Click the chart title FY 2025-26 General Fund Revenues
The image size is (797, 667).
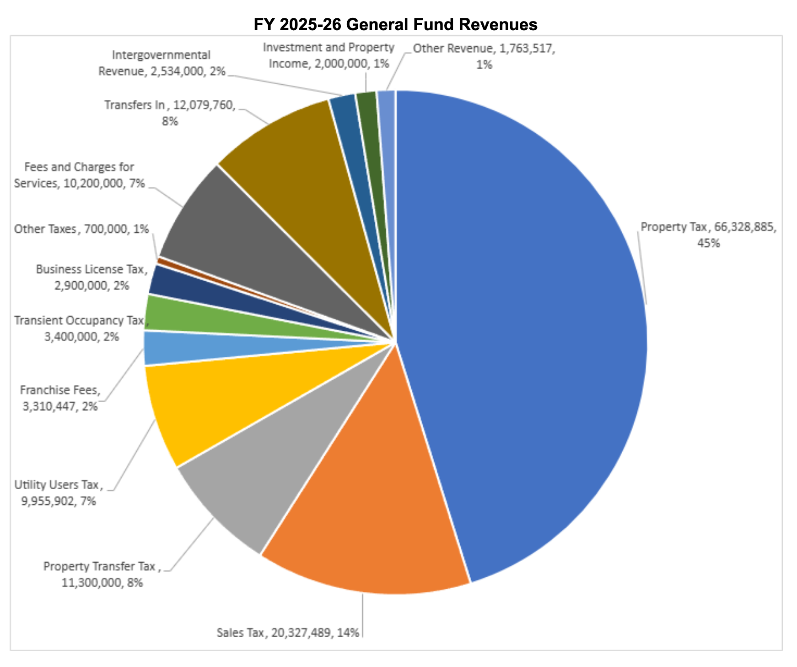(x=395, y=24)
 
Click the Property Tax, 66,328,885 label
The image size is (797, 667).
(x=708, y=235)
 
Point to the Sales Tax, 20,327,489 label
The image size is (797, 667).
(x=288, y=633)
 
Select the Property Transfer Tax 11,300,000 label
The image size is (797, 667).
(x=102, y=574)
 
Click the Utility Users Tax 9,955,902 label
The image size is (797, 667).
(x=59, y=493)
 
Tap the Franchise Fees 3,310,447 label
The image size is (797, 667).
(x=60, y=398)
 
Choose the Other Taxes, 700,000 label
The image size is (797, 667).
(x=81, y=229)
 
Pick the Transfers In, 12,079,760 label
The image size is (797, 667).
(x=170, y=113)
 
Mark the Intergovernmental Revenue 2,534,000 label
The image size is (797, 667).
(x=162, y=63)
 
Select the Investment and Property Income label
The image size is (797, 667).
(x=328, y=55)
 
